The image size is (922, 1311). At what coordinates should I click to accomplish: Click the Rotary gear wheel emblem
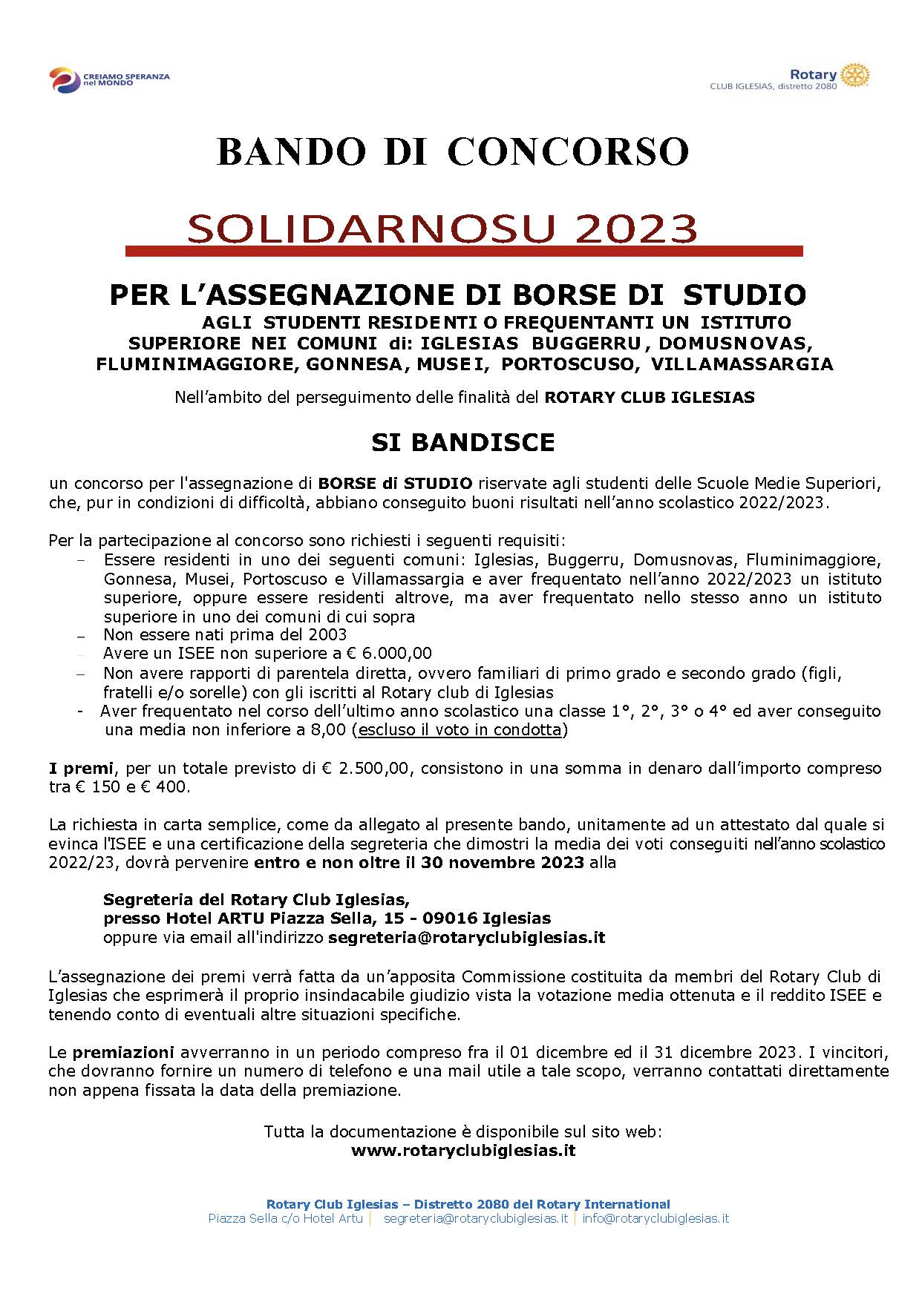[x=856, y=75]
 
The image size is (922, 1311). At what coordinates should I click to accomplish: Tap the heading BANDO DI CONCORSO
[x=453, y=152]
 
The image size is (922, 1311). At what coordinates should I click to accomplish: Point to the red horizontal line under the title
[x=464, y=252]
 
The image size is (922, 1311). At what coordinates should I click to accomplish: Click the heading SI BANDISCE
[x=463, y=443]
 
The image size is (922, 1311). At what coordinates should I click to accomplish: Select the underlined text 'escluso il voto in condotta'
[x=460, y=729]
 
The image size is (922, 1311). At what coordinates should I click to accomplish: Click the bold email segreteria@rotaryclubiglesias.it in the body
[x=466, y=938]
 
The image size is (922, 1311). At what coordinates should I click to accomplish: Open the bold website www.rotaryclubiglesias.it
[x=463, y=1151]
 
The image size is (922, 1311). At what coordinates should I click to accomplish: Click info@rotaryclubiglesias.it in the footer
[x=655, y=1218]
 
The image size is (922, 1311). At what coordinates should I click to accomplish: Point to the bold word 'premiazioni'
[x=123, y=1052]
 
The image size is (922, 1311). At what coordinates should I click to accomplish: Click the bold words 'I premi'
[x=81, y=768]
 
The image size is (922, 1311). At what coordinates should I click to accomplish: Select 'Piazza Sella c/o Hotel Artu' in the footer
[x=286, y=1218]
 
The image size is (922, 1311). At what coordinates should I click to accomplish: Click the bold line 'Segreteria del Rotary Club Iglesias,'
[x=256, y=900]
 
